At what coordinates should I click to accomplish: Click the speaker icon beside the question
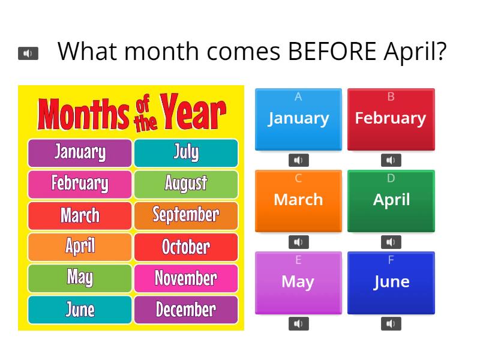(28, 53)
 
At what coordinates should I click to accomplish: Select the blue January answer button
(298, 119)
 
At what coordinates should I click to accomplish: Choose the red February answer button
(391, 119)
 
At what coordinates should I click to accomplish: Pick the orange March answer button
(298, 200)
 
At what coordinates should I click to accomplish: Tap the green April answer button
(391, 200)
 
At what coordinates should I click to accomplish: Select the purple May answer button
(298, 282)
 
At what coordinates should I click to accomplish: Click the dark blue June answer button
(391, 282)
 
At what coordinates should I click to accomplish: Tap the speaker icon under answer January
(298, 160)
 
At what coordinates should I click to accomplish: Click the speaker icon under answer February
(391, 160)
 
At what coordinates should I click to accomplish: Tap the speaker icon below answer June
(391, 324)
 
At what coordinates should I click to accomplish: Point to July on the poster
(186, 152)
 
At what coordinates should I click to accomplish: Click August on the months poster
(186, 184)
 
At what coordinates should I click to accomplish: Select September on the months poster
(186, 215)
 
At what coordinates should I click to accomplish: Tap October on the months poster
(186, 247)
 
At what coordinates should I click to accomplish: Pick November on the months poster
(186, 278)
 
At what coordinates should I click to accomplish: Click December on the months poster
(186, 310)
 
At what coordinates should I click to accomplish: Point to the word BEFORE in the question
(331, 52)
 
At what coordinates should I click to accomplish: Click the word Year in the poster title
(193, 113)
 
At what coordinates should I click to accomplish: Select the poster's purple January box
(80, 152)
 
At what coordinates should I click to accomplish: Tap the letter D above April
(391, 178)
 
